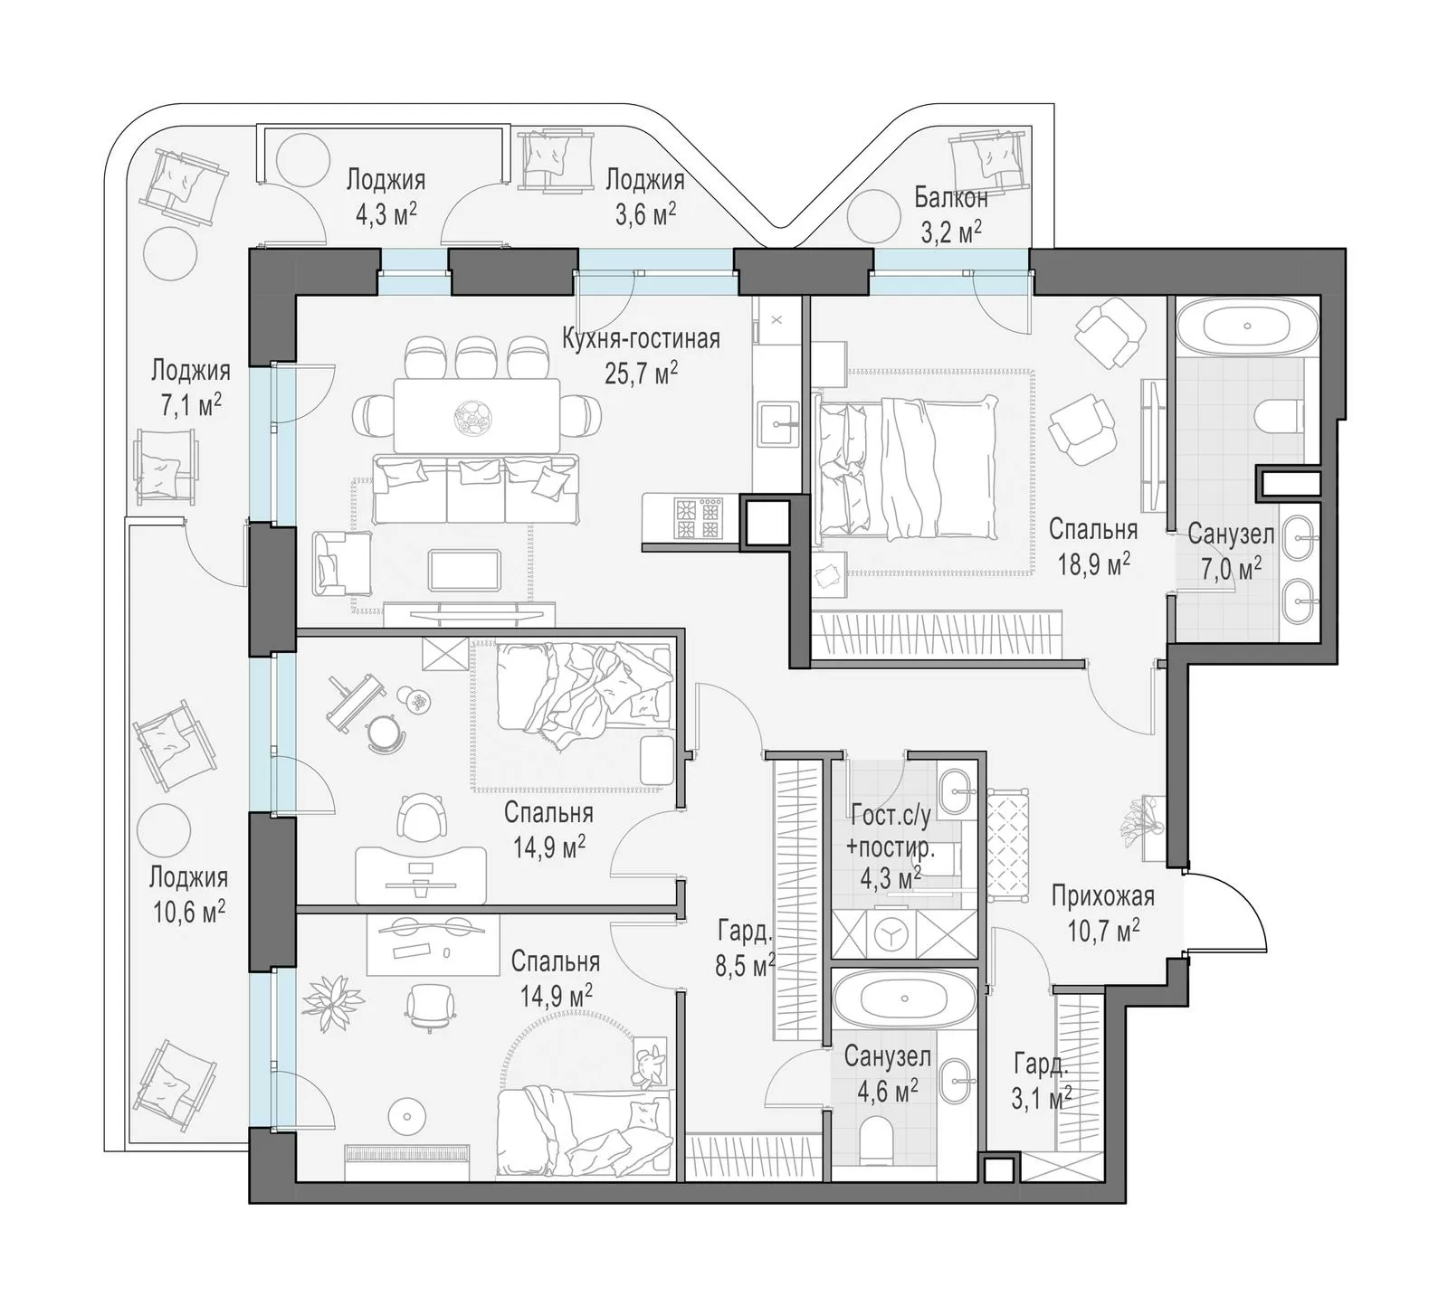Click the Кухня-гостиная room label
[x=641, y=339]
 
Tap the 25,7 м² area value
[x=641, y=372]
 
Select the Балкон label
[x=950, y=197]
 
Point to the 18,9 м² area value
[x=1093, y=564]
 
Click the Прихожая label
[x=1102, y=896]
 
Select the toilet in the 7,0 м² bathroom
[x=1283, y=415]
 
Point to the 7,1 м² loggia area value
[x=190, y=404]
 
